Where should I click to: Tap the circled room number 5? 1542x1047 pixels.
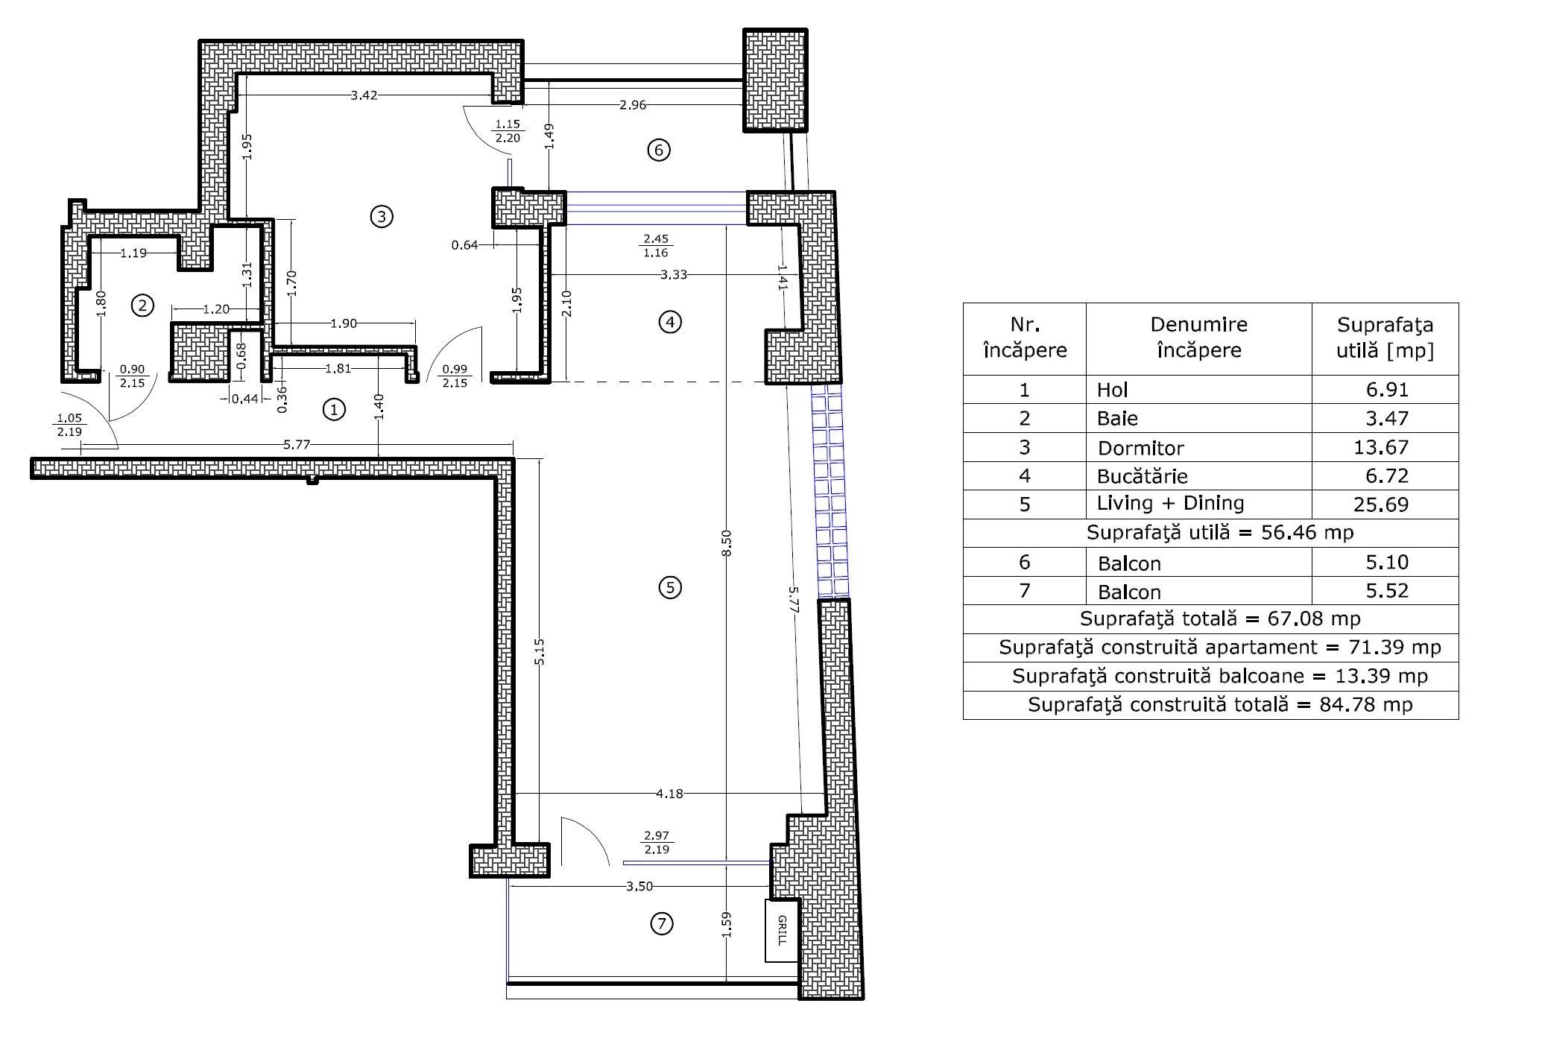tap(670, 588)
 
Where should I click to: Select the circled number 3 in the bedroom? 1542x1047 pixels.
tap(382, 217)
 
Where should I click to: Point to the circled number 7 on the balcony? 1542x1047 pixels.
tap(662, 924)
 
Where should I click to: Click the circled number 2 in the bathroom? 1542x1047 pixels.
tap(142, 305)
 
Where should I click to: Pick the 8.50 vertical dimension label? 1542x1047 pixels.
tap(727, 543)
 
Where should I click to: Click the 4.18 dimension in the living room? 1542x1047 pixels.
tap(669, 794)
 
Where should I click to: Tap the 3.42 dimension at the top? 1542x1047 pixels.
tap(364, 95)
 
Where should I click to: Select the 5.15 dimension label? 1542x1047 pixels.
tap(540, 651)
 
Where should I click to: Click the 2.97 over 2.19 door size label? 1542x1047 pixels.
tap(657, 843)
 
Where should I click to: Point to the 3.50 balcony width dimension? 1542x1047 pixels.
tap(639, 886)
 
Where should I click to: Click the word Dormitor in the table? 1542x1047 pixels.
tap(1140, 448)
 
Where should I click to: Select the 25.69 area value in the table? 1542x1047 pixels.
tap(1381, 505)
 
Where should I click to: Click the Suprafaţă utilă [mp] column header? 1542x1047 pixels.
tap(1385, 338)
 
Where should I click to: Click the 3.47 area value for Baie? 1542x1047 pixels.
tap(1387, 418)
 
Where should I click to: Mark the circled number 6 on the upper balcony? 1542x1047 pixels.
tap(659, 151)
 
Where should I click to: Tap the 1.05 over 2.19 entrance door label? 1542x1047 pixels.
tap(69, 425)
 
